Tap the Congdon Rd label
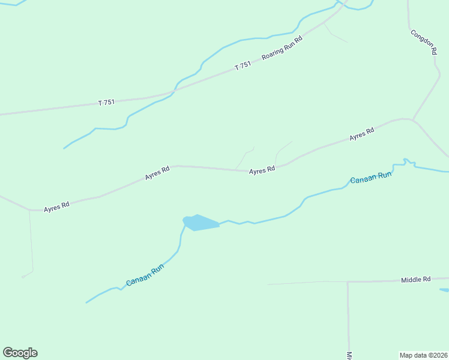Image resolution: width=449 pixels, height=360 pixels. tap(423, 43)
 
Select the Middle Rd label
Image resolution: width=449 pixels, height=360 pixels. tap(416, 280)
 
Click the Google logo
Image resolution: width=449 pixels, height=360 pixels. tap(20, 353)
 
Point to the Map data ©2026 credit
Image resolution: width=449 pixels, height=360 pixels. tap(423, 355)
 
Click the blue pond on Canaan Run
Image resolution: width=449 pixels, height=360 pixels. tap(200, 223)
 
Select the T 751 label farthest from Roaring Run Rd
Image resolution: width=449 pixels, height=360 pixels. tap(106, 103)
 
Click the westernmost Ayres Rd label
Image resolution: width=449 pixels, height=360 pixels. tap(57, 206)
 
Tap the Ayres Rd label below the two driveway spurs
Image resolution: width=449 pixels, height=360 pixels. tap(262, 170)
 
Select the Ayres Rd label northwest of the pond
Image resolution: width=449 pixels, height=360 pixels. tap(157, 173)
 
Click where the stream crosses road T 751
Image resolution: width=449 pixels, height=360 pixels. tap(173, 92)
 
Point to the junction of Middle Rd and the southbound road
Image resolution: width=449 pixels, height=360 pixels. tap(348, 281)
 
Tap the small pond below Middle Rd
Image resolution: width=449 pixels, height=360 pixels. tap(445, 291)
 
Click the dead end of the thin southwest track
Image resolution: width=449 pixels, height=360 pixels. tap(22, 278)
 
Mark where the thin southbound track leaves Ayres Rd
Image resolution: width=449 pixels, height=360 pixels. tap(29, 211)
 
